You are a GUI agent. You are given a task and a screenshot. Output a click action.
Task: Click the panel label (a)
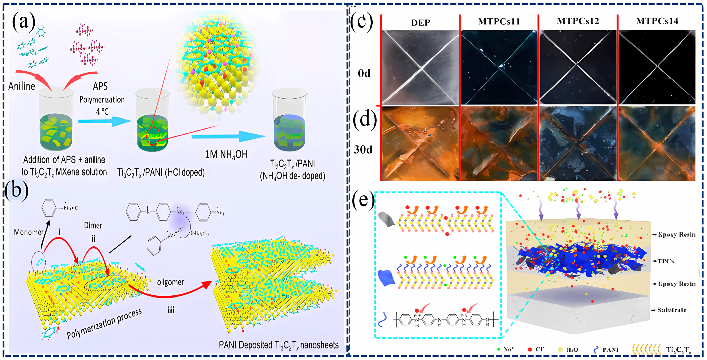24,21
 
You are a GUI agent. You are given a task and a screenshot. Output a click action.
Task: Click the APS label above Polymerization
100,86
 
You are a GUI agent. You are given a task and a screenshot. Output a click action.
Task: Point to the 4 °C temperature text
102,112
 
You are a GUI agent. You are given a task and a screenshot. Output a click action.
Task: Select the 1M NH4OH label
226,154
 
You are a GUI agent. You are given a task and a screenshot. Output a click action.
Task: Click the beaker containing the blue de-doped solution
289,121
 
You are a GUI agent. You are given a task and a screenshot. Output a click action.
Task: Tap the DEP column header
420,22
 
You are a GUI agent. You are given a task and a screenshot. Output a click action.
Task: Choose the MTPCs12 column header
578,21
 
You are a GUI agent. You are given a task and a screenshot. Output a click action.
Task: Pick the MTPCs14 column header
657,21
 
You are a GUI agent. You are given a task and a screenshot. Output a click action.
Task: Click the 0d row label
364,74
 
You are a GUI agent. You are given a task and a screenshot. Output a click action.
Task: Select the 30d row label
363,150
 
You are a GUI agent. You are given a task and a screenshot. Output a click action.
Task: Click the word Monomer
29,232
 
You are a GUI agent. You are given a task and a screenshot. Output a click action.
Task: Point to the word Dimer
93,226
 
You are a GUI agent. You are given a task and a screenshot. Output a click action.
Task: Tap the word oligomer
170,282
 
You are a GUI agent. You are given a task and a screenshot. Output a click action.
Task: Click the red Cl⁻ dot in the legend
530,350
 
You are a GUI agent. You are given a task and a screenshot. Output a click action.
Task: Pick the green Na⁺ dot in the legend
498,349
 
